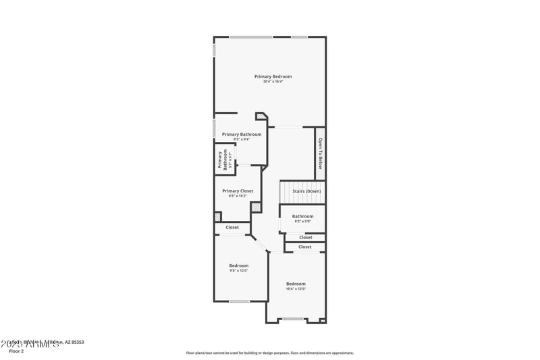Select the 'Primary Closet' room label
(238, 191)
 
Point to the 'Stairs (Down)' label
(306, 191)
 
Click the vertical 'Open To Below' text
(320, 153)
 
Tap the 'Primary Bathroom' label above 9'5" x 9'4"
(242, 134)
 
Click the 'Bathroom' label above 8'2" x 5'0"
(302, 216)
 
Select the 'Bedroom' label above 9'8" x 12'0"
(238, 265)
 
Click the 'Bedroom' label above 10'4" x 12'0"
(296, 284)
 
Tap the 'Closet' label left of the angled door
(232, 228)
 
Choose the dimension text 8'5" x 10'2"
(238, 197)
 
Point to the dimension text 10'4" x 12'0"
(296, 289)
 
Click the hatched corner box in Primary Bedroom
(261, 118)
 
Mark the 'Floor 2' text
(16, 351)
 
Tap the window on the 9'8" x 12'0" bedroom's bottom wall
(239, 301)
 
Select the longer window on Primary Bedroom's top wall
(250, 36)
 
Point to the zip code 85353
(77, 342)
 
